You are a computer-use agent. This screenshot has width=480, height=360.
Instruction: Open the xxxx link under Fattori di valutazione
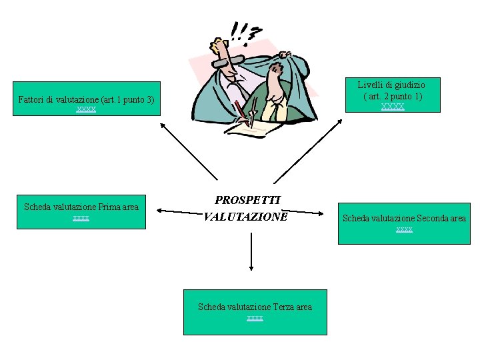point(86,109)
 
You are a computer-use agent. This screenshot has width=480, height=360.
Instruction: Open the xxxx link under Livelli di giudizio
point(392,106)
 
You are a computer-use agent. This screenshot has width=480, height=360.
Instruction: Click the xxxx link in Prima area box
point(81,218)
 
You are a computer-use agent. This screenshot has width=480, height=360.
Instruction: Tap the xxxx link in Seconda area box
point(404,229)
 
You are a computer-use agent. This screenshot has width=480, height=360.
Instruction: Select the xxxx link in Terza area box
point(255,318)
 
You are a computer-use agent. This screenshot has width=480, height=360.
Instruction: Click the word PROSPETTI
point(247,199)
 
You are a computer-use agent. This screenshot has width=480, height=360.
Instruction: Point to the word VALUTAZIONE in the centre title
point(246,216)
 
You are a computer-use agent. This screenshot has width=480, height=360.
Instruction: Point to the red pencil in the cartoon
point(242,113)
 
